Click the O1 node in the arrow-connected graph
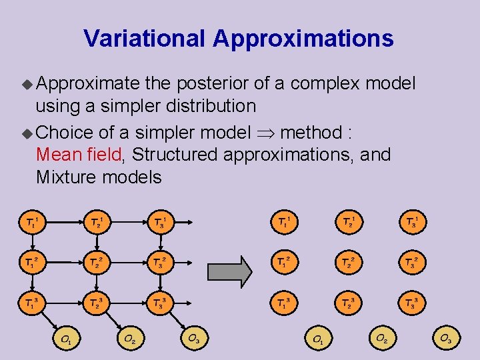click(x=67, y=339)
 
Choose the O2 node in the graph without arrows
click(x=381, y=339)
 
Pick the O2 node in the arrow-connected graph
click(x=129, y=339)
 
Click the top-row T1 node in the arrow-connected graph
click(x=31, y=221)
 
